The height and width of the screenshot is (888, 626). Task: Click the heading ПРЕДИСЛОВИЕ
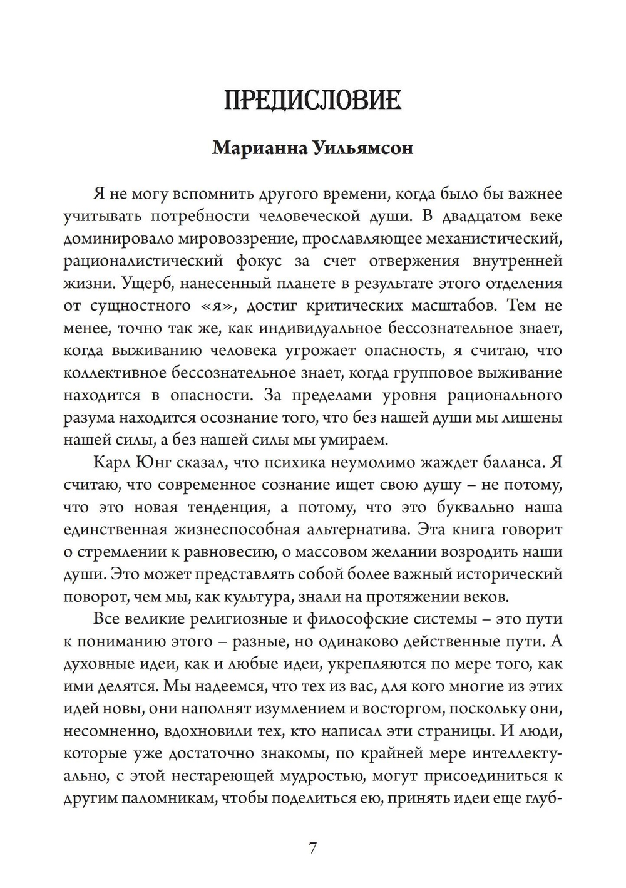pos(312,101)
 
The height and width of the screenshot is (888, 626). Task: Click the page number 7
pos(312,848)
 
